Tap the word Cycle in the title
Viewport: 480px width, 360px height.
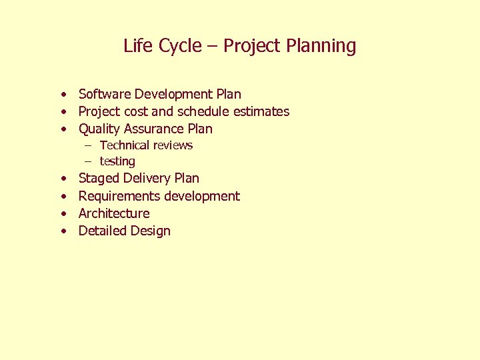(177, 46)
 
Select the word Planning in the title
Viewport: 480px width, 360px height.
(322, 46)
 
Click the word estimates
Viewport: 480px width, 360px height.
(263, 111)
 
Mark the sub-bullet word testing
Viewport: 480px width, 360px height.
(117, 161)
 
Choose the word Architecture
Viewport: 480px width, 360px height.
(114, 213)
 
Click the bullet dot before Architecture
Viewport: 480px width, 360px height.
(62, 214)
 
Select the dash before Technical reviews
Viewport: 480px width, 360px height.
(87, 145)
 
